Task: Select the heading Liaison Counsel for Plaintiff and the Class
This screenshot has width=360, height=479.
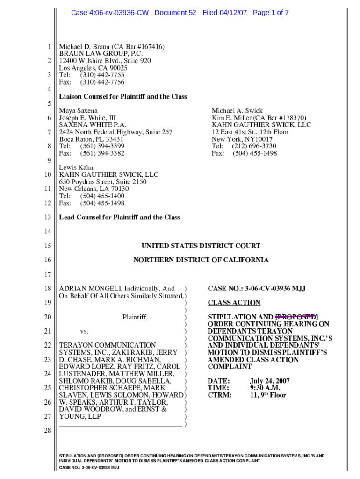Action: (x=123, y=97)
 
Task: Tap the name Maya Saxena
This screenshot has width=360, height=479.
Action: (x=78, y=111)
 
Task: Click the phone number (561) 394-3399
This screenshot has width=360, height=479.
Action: (x=102, y=146)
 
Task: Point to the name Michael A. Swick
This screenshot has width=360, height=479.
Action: (x=237, y=111)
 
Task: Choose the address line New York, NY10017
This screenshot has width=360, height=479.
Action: (x=242, y=139)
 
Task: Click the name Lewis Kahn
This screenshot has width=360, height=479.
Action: (x=76, y=167)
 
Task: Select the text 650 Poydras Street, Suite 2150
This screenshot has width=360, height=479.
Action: (x=102, y=181)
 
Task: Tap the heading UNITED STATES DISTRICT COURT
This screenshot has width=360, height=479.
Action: (x=201, y=246)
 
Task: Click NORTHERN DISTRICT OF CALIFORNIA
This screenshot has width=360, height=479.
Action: (x=201, y=260)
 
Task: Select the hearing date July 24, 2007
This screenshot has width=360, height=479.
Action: (x=270, y=381)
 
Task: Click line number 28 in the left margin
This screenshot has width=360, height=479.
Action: (x=47, y=430)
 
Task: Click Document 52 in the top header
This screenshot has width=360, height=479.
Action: (x=175, y=13)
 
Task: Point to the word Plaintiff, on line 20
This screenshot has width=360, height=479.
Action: (x=135, y=317)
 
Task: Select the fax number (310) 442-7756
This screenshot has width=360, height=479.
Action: (x=102, y=82)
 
